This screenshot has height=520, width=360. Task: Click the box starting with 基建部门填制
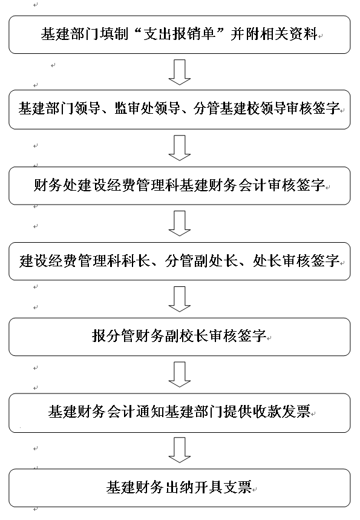179,35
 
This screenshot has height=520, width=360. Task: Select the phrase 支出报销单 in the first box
179,34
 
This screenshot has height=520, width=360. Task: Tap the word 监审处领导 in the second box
147,108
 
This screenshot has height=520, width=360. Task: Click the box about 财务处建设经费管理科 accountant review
179,185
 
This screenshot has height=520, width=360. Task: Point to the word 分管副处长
201,261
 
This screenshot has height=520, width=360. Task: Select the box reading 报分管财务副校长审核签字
179,337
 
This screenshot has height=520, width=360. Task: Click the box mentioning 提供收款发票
179,413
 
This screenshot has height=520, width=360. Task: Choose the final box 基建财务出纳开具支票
179,488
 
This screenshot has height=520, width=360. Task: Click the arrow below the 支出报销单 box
179,72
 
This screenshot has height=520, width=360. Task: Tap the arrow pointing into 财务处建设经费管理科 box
179,148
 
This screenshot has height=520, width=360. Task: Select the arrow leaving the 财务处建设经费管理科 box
179,223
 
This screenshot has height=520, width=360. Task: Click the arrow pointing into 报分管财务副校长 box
179,299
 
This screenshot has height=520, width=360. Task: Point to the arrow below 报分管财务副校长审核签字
179,375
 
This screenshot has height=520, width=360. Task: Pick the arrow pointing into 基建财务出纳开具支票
179,450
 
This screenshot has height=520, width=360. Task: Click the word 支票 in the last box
237,487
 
